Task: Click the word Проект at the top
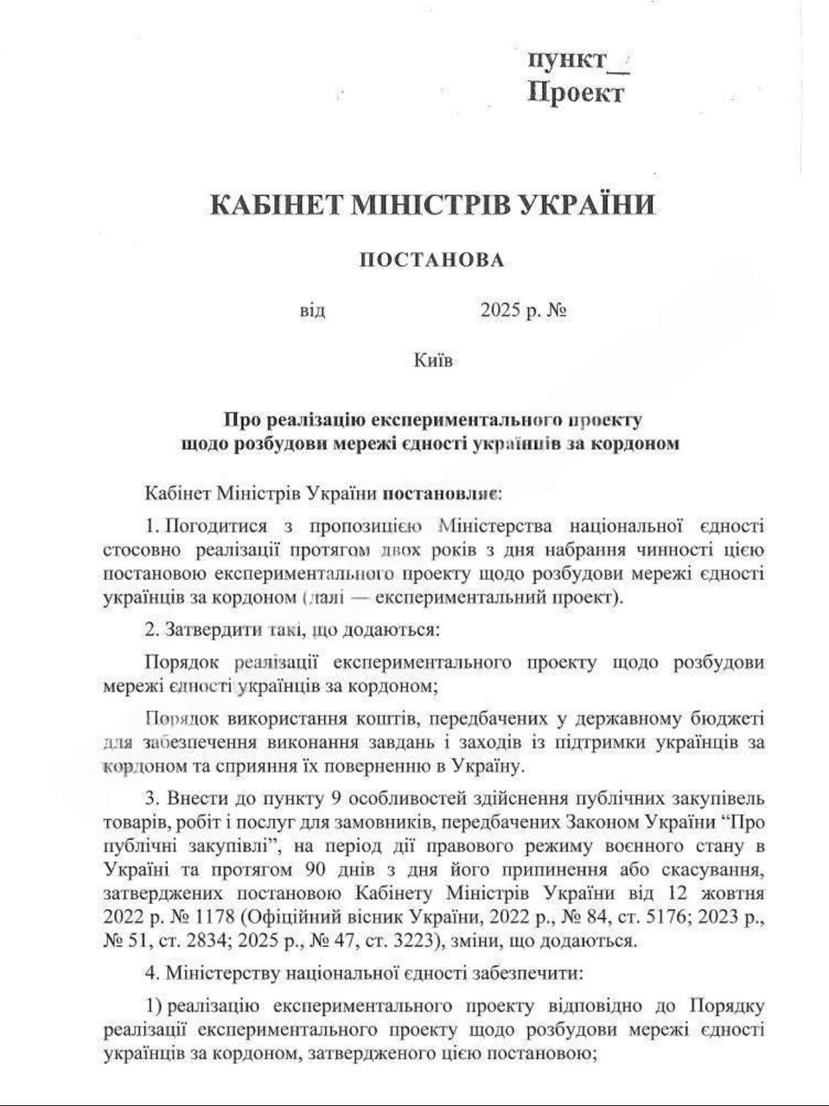tap(576, 92)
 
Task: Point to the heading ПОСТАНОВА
tap(430, 259)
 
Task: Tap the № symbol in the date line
tap(557, 310)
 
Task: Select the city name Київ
tap(432, 359)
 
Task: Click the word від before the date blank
tap(312, 311)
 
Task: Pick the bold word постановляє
tap(442, 495)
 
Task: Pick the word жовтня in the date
tap(734, 892)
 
